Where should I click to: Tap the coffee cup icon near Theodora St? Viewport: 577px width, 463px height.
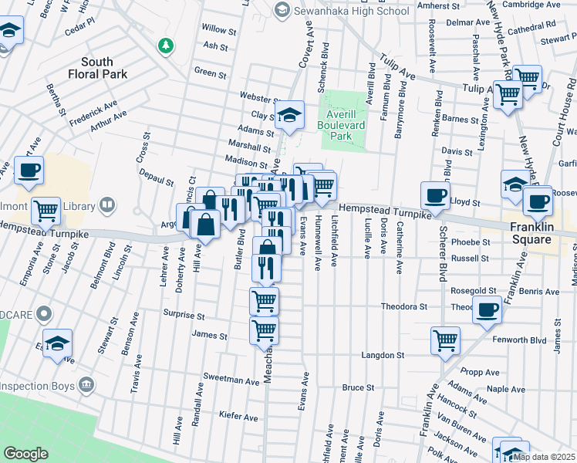487,309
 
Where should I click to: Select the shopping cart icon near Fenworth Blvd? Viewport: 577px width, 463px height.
445,339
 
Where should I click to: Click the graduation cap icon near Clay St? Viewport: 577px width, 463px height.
290,115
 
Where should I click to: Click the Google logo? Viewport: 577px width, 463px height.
25,454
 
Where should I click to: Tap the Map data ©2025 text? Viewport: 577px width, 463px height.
544,456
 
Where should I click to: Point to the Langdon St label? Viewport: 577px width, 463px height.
385,356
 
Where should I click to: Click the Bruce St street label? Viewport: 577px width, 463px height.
358,387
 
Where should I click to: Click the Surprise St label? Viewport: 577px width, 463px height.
183,316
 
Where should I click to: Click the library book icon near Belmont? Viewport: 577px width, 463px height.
109,205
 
